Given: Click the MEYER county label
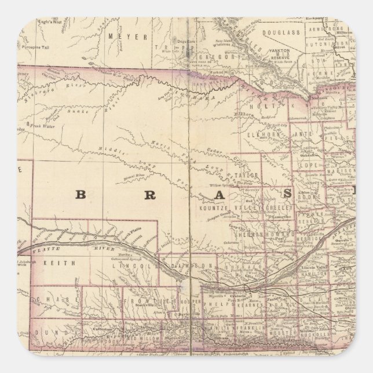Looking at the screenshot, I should coord(122,35).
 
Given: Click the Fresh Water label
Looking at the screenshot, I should coord(43,125).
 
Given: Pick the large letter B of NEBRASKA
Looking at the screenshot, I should coord(82,195).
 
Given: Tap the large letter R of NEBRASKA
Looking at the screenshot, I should coord(149,195).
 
